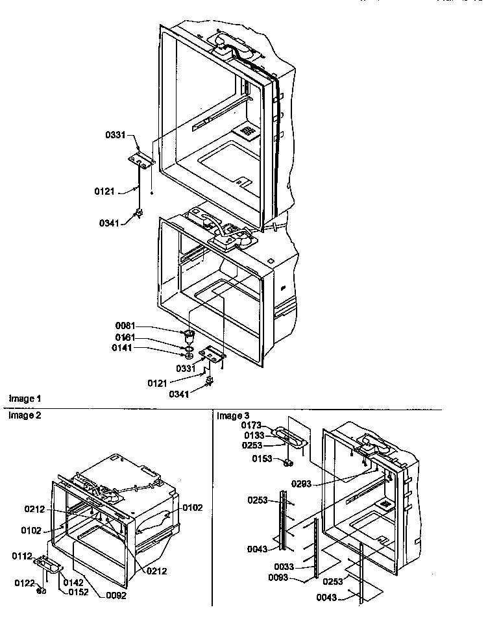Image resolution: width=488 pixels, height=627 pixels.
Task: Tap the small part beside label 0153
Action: pyautogui.click(x=286, y=462)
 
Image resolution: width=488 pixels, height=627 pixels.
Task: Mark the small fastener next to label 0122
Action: pyautogui.click(x=42, y=589)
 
